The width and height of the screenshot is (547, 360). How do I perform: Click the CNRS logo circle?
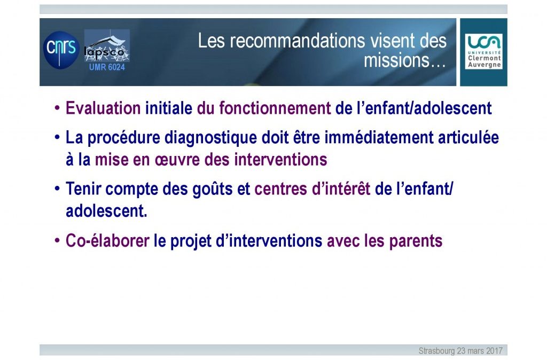pyautogui.click(x=61, y=50)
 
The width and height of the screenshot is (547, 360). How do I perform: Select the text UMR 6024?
pyautogui.click(x=107, y=67)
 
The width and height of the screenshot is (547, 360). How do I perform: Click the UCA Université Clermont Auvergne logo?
pyautogui.click(x=483, y=51)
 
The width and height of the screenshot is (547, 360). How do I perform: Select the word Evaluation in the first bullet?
pyautogui.click(x=103, y=108)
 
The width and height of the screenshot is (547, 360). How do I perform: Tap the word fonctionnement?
pyautogui.click(x=275, y=108)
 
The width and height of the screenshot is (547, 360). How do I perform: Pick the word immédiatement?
pyautogui.click(x=379, y=137)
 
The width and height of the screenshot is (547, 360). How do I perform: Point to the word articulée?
pyautogui.click(x=468, y=137)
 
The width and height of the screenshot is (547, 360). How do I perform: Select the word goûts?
pyautogui.click(x=213, y=189)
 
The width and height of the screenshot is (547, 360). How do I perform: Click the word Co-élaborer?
pyautogui.click(x=107, y=241)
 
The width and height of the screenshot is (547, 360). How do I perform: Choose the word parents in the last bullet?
pyautogui.click(x=416, y=241)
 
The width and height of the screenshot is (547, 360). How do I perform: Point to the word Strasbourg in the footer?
pyautogui.click(x=437, y=351)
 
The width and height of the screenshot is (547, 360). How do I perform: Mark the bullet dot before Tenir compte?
pyautogui.click(x=57, y=189)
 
